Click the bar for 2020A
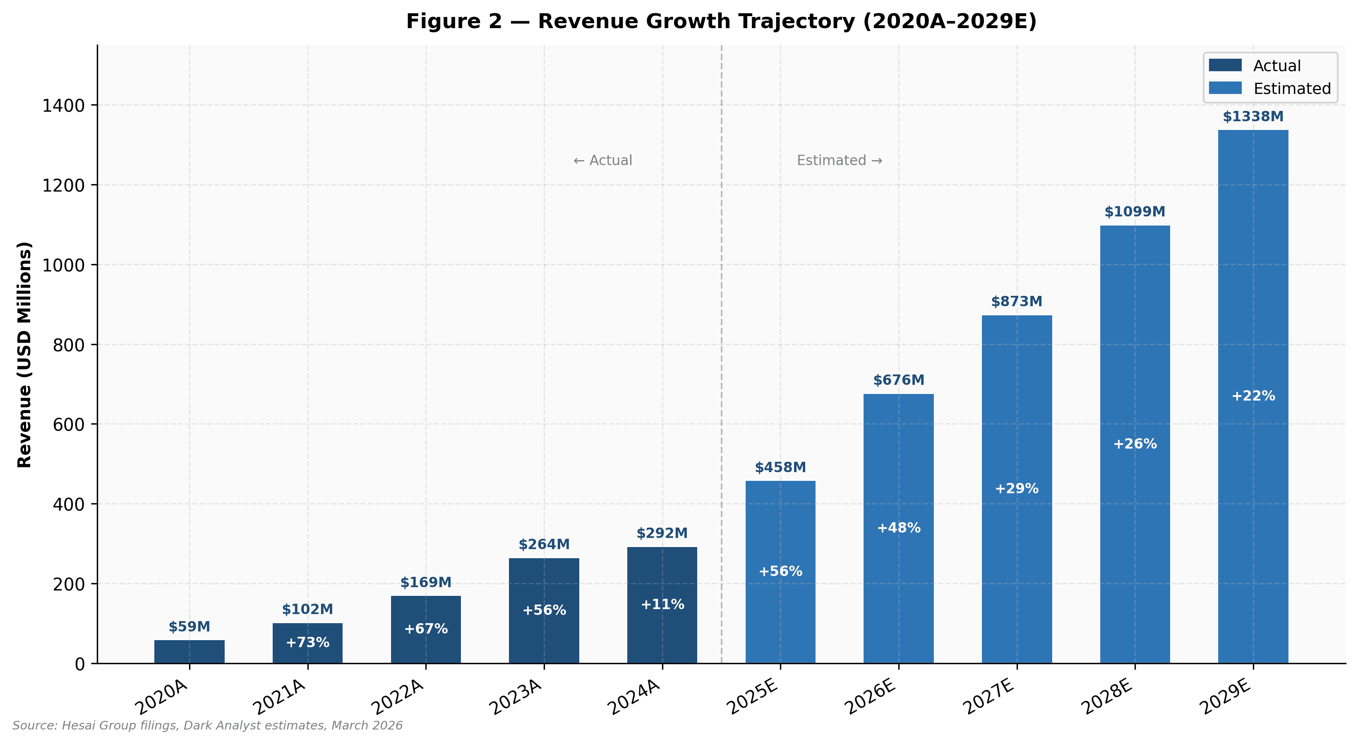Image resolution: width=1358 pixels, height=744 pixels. tap(189, 652)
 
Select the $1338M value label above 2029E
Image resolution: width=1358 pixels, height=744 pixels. tap(1253, 117)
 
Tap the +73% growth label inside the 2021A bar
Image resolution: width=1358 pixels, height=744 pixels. tap(307, 642)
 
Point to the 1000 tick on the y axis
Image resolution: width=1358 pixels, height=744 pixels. tap(63, 265)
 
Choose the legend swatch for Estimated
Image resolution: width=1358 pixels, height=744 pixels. tap(1225, 88)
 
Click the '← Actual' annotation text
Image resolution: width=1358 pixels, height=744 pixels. tap(602, 160)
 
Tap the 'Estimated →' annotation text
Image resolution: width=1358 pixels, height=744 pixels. tap(839, 160)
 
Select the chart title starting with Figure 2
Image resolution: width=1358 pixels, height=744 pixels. tap(721, 22)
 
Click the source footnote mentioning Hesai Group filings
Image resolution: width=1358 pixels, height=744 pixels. tap(207, 725)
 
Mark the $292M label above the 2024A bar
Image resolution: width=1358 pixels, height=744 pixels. tap(662, 533)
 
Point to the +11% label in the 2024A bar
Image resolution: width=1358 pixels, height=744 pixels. tap(662, 604)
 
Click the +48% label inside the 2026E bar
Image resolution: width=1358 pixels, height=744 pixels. tap(898, 528)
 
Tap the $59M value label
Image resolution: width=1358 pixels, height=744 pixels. tap(189, 627)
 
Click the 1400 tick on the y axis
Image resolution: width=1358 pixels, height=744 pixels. tap(63, 106)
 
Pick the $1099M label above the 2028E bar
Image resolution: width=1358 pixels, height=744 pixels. tap(1135, 212)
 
